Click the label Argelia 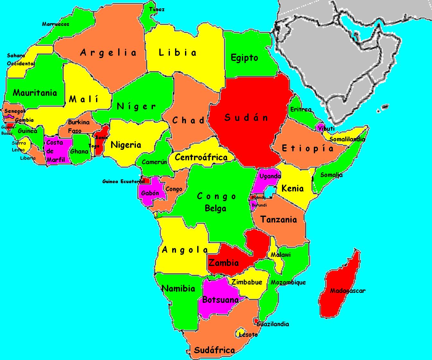point(108,53)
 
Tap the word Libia point(178,53)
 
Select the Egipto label point(244,58)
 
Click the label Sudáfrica point(214,350)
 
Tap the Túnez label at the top point(157,9)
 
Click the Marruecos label point(56,24)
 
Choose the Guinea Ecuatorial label point(123,182)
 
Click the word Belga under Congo point(216,209)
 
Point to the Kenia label point(292,188)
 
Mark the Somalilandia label point(347,139)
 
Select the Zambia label point(224,263)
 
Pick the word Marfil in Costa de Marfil point(56,159)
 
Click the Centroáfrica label point(201,157)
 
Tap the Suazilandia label point(273,324)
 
